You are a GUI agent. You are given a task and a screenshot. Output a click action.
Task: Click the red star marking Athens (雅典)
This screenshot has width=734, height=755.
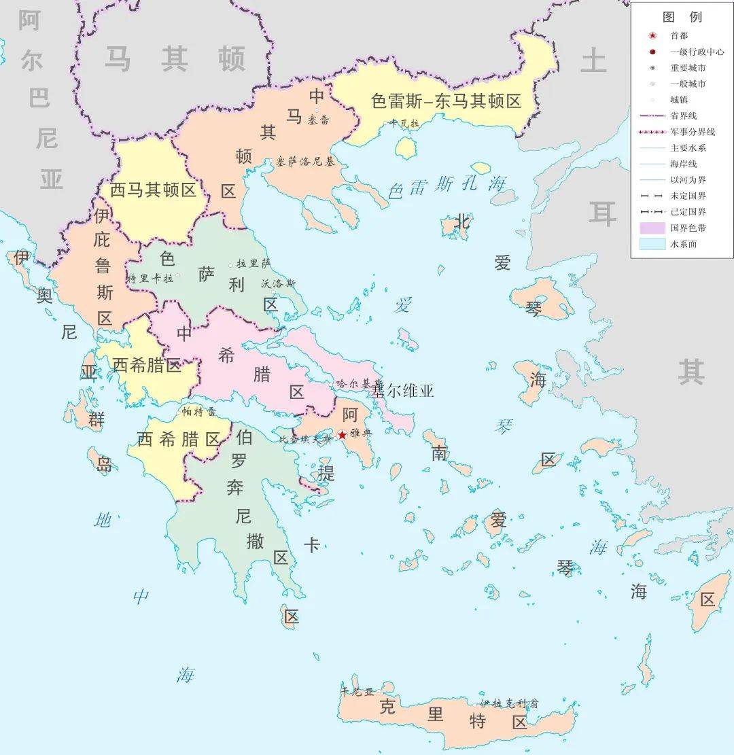[x=342, y=435]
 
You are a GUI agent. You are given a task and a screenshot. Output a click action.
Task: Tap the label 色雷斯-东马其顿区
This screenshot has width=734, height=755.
[x=446, y=101]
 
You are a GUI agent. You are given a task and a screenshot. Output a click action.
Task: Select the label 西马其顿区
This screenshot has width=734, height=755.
[x=153, y=190]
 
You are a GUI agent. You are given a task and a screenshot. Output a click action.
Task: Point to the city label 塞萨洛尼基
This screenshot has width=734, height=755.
[x=306, y=162]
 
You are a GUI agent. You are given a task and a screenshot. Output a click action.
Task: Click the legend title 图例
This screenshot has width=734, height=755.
[x=682, y=17]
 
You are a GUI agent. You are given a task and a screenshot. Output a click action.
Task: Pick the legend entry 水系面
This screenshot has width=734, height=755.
[x=684, y=244]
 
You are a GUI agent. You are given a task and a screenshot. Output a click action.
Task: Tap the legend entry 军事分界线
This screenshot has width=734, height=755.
[x=693, y=132]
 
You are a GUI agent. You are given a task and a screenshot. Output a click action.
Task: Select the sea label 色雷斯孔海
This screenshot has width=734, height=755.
[x=447, y=185]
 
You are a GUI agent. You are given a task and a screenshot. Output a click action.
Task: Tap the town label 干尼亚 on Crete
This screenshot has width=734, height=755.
[x=357, y=692]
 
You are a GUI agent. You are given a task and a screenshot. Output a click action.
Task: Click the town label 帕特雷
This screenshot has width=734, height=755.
[x=198, y=412]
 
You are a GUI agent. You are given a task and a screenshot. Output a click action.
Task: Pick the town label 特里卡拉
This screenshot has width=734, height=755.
[x=151, y=277]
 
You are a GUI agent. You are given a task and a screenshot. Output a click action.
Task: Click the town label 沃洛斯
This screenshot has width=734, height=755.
[x=279, y=283]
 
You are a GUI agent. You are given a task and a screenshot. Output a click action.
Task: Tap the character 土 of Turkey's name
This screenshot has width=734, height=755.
[x=593, y=61]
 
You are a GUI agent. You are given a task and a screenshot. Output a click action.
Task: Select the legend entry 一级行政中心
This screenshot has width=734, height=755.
[x=697, y=52]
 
